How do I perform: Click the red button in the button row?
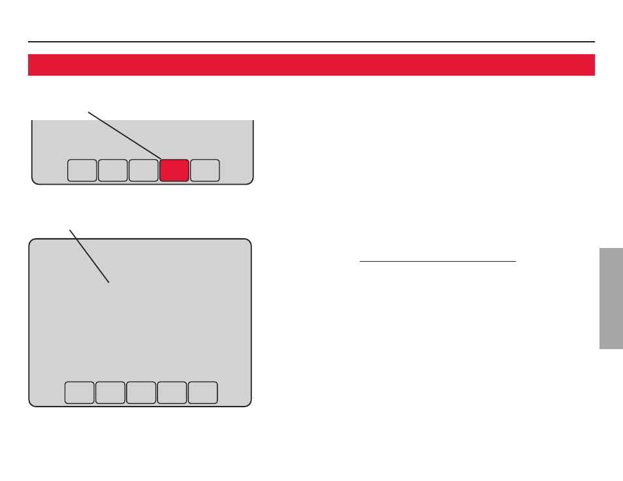[174, 170]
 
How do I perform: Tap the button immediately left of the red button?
[143, 170]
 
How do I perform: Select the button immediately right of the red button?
[205, 170]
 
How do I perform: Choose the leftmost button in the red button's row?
[82, 170]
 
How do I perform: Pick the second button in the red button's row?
[112, 170]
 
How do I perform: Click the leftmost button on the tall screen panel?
[79, 392]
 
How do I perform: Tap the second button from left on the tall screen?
[110, 392]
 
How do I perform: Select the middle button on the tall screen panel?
[141, 392]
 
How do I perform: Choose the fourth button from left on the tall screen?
[172, 392]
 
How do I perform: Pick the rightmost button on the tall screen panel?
[202, 392]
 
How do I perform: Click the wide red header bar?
[311, 65]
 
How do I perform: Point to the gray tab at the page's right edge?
[611, 298]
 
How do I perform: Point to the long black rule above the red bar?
[311, 42]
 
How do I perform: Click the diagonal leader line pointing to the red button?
[124, 134]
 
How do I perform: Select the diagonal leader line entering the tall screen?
[89, 255]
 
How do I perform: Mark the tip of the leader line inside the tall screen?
[108, 282]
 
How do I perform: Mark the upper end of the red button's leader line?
[89, 112]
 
